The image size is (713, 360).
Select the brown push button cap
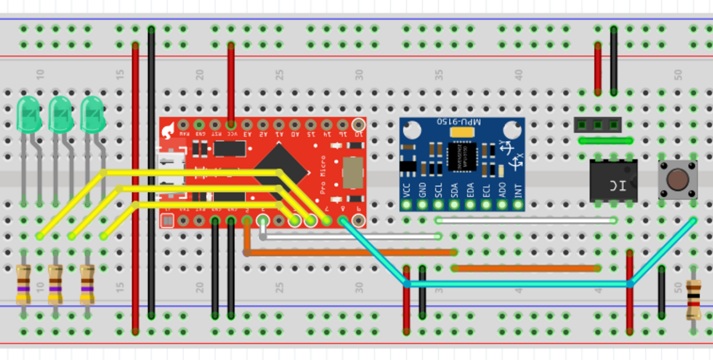(678, 179)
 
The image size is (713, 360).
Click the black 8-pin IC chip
(613, 181)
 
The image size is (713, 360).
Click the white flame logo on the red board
(169, 130)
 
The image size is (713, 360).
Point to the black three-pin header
(598, 125)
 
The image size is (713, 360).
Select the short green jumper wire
(606, 141)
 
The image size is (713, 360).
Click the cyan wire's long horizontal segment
(518, 284)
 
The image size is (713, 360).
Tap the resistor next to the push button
(693, 300)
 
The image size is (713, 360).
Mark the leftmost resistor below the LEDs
(23, 284)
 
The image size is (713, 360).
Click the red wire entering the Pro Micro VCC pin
(231, 82)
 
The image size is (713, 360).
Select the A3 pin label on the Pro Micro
(247, 133)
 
